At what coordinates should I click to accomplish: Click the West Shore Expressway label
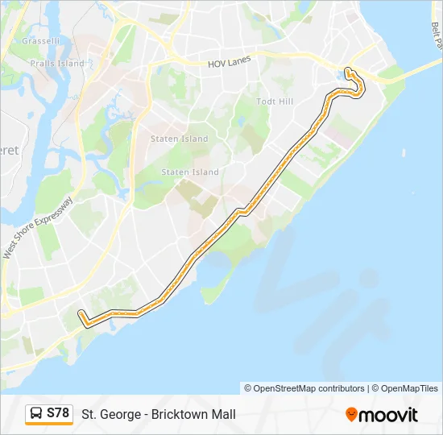point(38,229)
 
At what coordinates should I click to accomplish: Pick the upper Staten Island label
point(179,139)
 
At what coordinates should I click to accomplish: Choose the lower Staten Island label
point(190,172)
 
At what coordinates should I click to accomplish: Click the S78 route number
point(58,413)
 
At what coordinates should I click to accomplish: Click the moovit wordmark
point(389,415)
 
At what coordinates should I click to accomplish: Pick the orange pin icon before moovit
point(352,415)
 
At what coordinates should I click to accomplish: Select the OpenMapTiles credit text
point(406,388)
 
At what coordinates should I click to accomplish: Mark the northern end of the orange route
point(347,70)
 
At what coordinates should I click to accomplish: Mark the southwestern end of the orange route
point(80,313)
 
